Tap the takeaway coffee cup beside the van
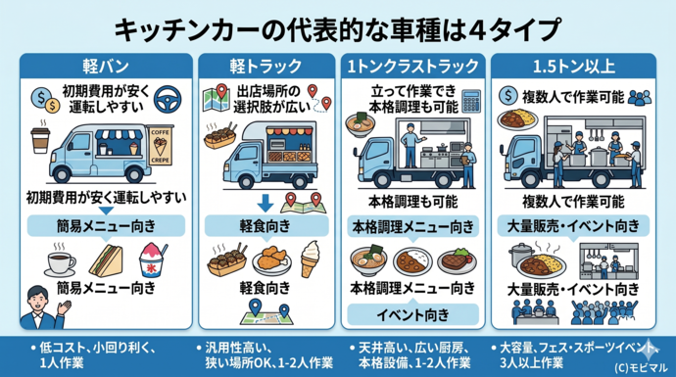coord(40,140)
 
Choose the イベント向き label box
coord(412,314)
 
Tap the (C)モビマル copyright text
coord(635,365)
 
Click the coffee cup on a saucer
coord(60,262)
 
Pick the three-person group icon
coord(640,97)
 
